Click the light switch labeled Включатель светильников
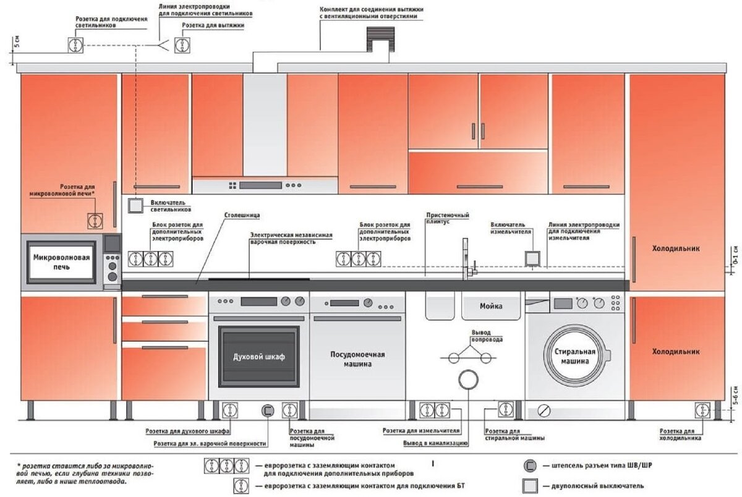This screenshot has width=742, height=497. (x=135, y=206)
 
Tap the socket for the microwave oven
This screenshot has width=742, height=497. (x=95, y=221)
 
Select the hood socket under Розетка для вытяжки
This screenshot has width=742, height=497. (x=182, y=45)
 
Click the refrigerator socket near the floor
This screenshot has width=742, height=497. (x=702, y=410)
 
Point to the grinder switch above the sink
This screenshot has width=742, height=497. (x=532, y=258)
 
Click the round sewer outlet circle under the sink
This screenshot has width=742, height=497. (x=469, y=380)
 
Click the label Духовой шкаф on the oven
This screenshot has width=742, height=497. (x=259, y=357)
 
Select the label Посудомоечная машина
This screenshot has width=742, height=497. (x=358, y=359)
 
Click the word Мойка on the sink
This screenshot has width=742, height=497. (x=491, y=306)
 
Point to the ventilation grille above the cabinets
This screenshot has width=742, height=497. (x=381, y=40)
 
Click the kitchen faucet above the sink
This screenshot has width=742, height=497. (x=467, y=260)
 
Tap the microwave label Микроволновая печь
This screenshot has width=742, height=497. (x=62, y=262)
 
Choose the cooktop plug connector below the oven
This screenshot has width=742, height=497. (x=268, y=410)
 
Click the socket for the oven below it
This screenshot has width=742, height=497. (x=230, y=410)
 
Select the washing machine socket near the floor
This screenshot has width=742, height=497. (x=506, y=409)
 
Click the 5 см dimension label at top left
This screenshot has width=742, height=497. (x=17, y=41)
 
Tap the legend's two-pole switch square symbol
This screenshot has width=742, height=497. (x=530, y=486)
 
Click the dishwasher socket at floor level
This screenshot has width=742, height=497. (x=290, y=410)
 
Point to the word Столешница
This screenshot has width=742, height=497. (x=242, y=215)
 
